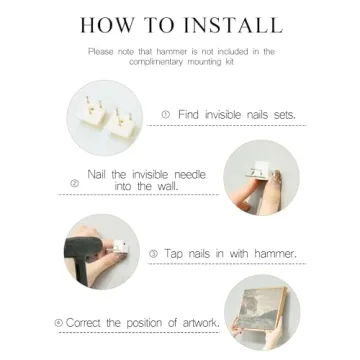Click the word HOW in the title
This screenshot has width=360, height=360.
[x=104, y=25]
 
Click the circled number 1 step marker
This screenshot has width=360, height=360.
[x=166, y=115]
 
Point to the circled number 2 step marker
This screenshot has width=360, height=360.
[x=75, y=183]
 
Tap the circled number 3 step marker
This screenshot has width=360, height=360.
[x=153, y=254]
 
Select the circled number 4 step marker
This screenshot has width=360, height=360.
[x=59, y=323]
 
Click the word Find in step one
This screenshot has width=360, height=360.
[x=188, y=115]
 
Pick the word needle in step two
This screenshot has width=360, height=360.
[x=190, y=175]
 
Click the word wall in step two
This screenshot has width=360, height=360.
[x=166, y=186]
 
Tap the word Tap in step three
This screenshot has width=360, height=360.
[x=173, y=254]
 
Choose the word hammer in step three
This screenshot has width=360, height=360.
[x=275, y=254]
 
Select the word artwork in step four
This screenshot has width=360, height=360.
[x=201, y=323]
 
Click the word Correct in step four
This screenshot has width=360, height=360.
[x=84, y=323]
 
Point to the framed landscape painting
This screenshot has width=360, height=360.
[x=264, y=309]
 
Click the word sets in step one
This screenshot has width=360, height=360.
[x=284, y=115]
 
